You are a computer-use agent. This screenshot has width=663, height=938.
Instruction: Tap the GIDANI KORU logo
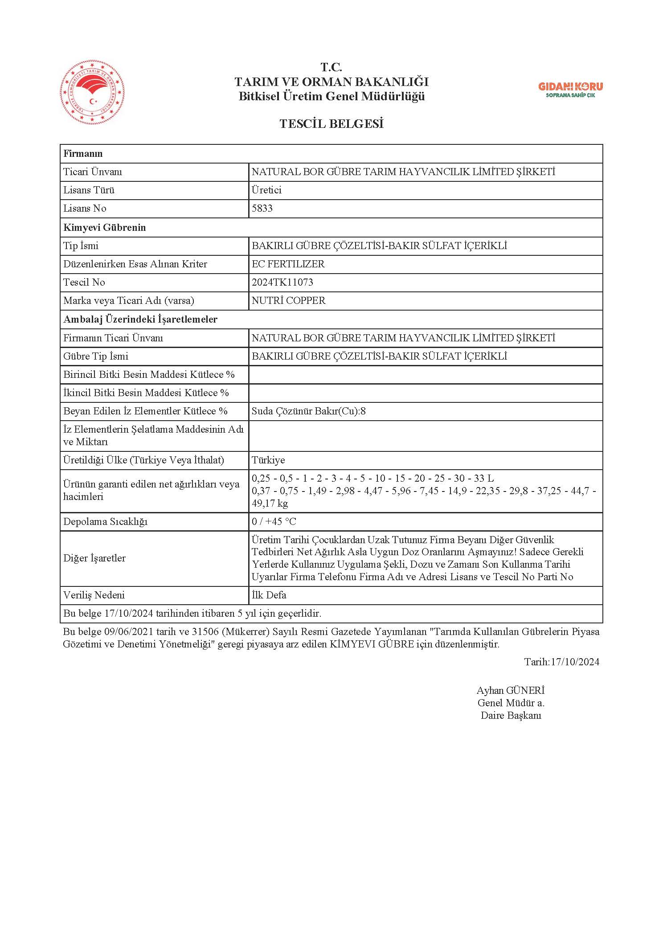[570, 90]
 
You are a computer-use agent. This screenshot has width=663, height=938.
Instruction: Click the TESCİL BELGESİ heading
[331, 124]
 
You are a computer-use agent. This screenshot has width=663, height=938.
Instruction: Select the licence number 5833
[262, 209]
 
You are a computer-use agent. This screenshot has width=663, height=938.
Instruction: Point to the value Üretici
[266, 190]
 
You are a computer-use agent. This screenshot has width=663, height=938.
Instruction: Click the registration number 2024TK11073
[282, 283]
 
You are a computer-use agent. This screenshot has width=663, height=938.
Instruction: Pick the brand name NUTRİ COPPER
[288, 301]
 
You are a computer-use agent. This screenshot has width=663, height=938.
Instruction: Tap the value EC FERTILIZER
[288, 264]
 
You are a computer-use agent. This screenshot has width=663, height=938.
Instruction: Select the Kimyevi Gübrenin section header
[104, 228]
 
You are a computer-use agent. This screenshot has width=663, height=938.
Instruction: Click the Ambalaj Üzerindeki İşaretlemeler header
[140, 319]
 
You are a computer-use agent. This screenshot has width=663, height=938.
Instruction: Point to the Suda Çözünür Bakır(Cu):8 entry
[308, 411]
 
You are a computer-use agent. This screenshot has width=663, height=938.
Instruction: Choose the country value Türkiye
[268, 460]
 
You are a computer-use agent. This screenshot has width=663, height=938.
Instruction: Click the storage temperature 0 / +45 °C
[274, 522]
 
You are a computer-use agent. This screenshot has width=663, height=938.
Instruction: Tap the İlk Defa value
[269, 595]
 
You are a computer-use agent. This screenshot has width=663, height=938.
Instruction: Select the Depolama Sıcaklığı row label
[105, 522]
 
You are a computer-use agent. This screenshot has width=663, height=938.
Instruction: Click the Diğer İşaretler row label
[94, 558]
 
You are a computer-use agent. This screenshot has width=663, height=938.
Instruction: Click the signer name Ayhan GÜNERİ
[511, 691]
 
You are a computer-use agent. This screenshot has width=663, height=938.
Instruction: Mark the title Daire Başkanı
[511, 716]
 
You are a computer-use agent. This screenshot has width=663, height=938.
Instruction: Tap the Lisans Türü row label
[89, 190]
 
